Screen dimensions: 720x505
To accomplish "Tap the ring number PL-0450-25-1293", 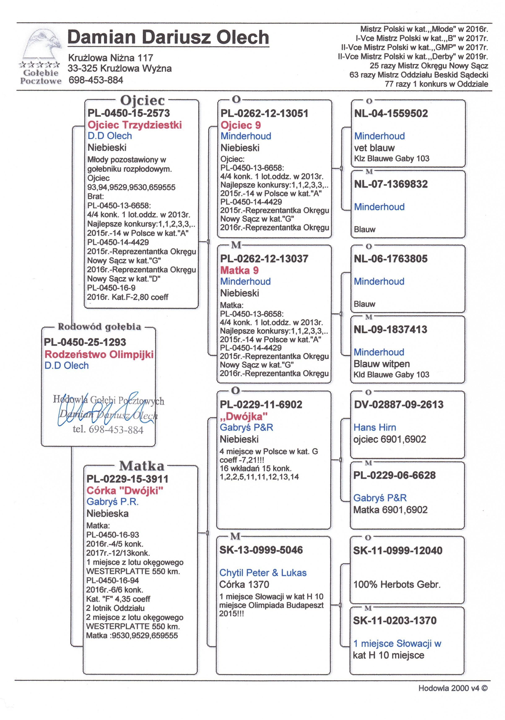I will [x=85, y=342].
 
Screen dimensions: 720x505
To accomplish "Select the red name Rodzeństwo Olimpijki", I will [x=99, y=354].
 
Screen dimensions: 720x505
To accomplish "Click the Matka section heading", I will [x=142, y=466].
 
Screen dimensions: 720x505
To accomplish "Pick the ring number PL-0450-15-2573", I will [x=129, y=113].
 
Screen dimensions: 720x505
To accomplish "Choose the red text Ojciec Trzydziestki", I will [x=135, y=125].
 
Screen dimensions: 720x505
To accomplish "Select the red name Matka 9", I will [x=239, y=270].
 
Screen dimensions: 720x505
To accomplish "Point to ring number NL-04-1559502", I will [x=391, y=113].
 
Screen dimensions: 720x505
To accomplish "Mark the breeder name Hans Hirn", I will [x=375, y=427].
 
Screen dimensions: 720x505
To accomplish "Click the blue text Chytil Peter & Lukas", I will [x=262, y=573].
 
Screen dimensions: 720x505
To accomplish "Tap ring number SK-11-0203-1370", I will [x=395, y=620].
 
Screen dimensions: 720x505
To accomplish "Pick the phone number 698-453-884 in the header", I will [x=96, y=80].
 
